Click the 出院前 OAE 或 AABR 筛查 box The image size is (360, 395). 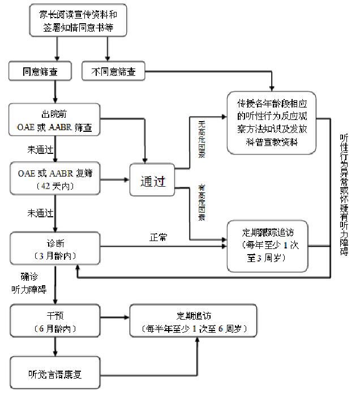point(54,119)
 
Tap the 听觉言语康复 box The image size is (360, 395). point(54,373)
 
